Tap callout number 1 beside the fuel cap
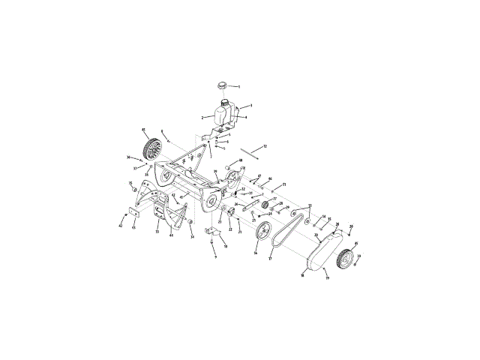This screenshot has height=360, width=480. click(x=239, y=88)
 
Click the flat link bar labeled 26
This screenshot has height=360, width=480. click(x=252, y=205)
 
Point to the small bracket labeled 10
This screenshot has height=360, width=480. click(x=212, y=238)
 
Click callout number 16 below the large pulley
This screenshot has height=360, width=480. click(x=256, y=253)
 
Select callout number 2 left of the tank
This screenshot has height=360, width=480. click(x=202, y=118)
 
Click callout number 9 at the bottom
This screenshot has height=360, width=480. click(x=214, y=257)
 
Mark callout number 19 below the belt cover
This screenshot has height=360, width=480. click(x=327, y=277)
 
